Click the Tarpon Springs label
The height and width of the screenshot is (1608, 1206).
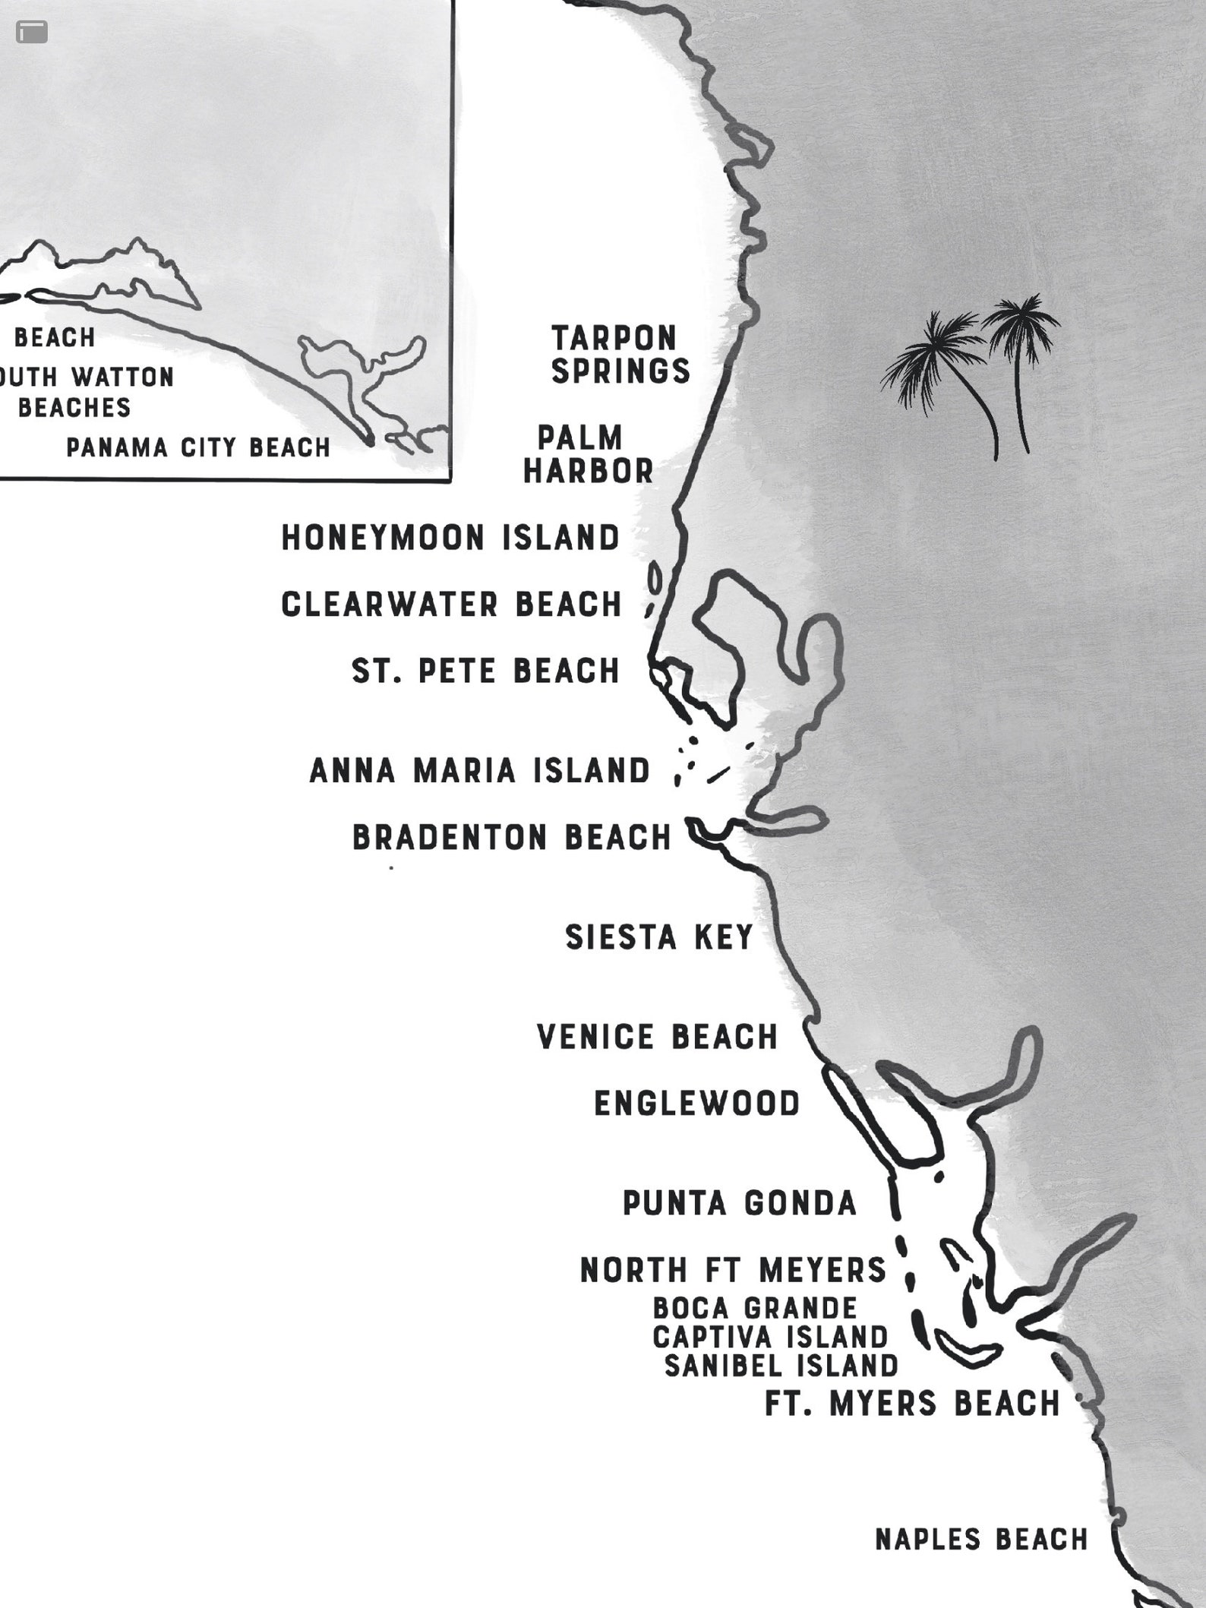(x=620, y=355)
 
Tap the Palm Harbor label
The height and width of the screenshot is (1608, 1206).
(x=588, y=455)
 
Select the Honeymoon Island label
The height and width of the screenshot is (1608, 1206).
(x=451, y=538)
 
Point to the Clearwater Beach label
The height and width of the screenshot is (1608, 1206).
(x=452, y=605)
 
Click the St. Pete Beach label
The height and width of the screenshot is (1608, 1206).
(x=486, y=671)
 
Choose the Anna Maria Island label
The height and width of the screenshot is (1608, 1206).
(x=480, y=771)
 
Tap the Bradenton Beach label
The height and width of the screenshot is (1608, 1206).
(x=513, y=838)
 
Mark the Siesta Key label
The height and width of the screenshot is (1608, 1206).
(x=659, y=937)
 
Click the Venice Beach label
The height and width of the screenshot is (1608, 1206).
(x=658, y=1037)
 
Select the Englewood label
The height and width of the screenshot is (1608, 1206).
(x=697, y=1104)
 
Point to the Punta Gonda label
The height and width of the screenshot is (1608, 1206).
(x=740, y=1203)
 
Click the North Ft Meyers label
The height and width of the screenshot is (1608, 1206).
(x=734, y=1270)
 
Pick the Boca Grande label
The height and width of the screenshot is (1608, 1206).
(x=755, y=1308)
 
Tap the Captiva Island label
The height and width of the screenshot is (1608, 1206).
(x=770, y=1337)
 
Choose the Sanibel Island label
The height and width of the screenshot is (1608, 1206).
(x=781, y=1366)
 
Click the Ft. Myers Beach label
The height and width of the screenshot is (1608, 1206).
(x=912, y=1404)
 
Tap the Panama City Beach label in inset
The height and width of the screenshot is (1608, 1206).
(x=199, y=447)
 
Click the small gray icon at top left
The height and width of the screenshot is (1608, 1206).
(x=32, y=32)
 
